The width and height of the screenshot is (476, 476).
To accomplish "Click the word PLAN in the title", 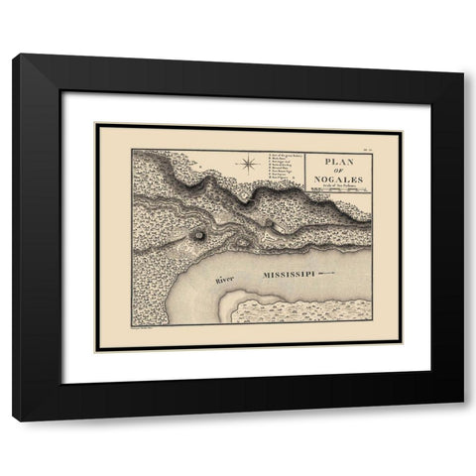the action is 340,163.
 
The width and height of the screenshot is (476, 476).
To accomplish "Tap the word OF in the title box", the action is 340,173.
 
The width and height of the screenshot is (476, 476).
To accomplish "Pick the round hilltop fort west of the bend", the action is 199,236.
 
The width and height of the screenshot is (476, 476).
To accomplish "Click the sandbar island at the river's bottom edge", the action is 297,311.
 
